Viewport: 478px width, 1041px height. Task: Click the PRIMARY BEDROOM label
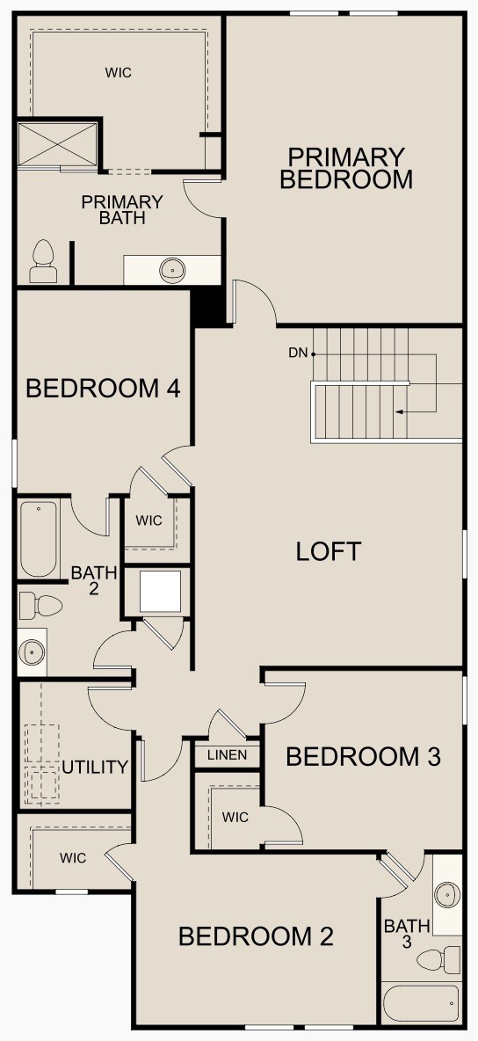(346, 168)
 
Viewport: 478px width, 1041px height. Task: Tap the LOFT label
(328, 551)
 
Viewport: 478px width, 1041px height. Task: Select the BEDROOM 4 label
(103, 388)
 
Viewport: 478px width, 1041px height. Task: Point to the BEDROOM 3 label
(363, 756)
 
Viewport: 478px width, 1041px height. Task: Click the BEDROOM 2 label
(256, 936)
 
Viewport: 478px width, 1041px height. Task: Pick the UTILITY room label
(95, 768)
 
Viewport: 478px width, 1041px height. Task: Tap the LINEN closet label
(227, 755)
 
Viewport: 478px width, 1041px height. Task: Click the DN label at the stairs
(297, 353)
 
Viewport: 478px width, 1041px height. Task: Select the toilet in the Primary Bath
(43, 263)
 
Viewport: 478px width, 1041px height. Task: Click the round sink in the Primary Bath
(172, 270)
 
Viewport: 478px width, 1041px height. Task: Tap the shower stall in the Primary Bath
(58, 145)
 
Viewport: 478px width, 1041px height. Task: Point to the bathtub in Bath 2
(39, 539)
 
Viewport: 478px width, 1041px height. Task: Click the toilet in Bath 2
(40, 605)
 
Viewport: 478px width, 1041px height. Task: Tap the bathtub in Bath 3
(421, 1003)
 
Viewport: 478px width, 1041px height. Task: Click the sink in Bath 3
(448, 895)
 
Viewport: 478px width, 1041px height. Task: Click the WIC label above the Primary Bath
(119, 73)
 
